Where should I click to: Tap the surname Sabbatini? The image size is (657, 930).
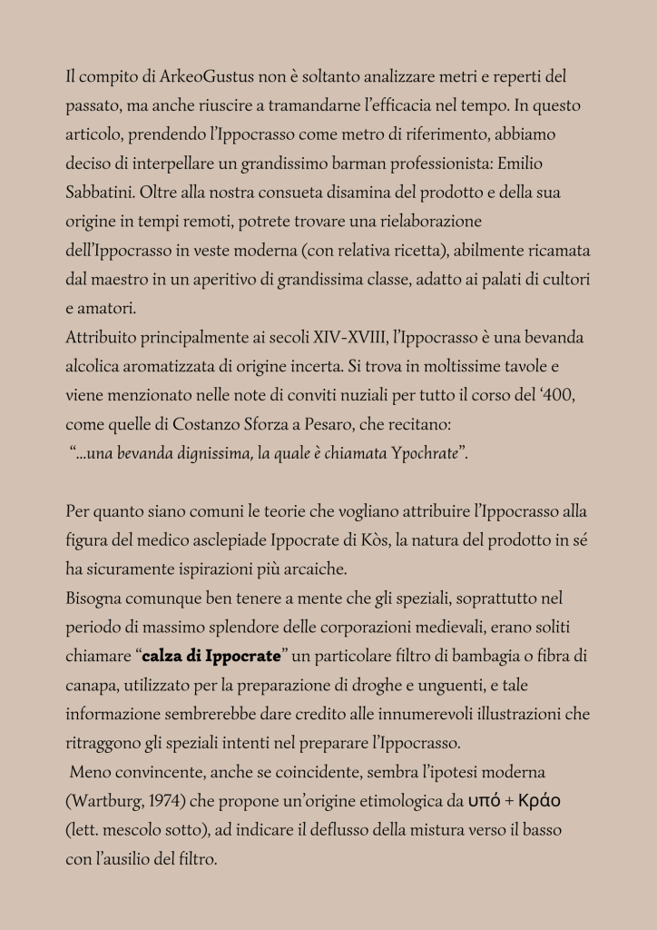pyautogui.click(x=103, y=193)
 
